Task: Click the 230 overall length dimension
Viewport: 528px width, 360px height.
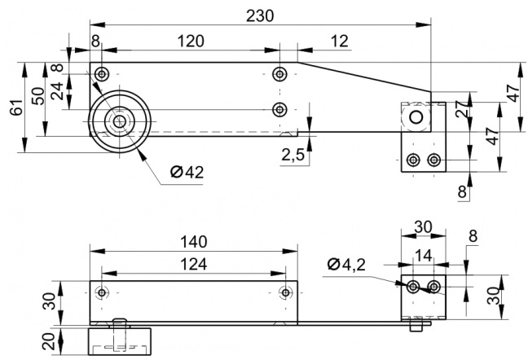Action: pyautogui.click(x=260, y=15)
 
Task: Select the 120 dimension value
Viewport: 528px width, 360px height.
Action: pyautogui.click(x=191, y=41)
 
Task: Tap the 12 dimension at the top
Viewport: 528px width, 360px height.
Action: pyautogui.click(x=339, y=41)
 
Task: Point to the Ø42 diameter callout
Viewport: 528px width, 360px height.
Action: pyautogui.click(x=187, y=172)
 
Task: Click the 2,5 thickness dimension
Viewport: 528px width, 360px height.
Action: pyautogui.click(x=293, y=155)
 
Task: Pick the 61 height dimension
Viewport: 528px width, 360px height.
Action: pyautogui.click(x=16, y=108)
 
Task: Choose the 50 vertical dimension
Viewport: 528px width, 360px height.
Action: pyautogui.click(x=38, y=96)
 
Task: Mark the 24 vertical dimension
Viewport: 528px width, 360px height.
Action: pyautogui.click(x=57, y=91)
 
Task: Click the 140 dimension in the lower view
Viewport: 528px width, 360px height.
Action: pyautogui.click(x=194, y=242)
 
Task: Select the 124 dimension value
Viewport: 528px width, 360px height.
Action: pyautogui.click(x=194, y=264)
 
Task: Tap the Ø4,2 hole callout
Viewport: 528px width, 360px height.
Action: pyautogui.click(x=346, y=265)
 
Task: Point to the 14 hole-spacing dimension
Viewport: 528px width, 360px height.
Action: pyautogui.click(x=423, y=256)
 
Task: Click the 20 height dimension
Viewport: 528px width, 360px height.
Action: pyautogui.click(x=50, y=341)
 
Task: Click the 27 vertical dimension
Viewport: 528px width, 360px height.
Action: pyautogui.click(x=462, y=108)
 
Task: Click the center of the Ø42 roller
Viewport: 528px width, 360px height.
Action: pyautogui.click(x=119, y=121)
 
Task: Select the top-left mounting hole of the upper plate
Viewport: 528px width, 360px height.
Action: pyautogui.click(x=101, y=73)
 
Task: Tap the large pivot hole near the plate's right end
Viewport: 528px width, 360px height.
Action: pyautogui.click(x=416, y=117)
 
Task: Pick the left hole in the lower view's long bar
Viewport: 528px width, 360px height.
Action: pyautogui.click(x=101, y=292)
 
